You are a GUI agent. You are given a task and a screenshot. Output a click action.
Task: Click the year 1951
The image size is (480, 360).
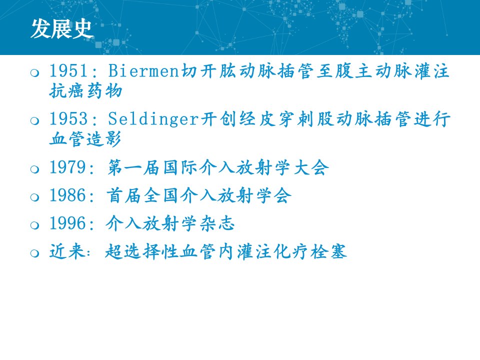(x=68, y=70)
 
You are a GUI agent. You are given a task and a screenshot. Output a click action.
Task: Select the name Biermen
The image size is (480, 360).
(x=143, y=70)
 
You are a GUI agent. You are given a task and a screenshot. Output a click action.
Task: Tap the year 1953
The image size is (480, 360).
(x=68, y=118)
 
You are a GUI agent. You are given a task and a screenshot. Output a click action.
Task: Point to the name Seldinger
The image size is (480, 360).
(x=153, y=118)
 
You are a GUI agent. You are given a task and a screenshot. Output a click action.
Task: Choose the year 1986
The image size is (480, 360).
(x=68, y=195)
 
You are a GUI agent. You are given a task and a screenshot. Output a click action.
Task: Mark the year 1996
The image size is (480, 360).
(x=68, y=223)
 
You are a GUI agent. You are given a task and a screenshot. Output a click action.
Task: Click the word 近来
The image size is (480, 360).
(x=67, y=251)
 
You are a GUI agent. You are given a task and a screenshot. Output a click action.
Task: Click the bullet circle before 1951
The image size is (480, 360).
(x=34, y=72)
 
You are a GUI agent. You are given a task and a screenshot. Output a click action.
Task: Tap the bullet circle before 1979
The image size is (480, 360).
(x=34, y=169)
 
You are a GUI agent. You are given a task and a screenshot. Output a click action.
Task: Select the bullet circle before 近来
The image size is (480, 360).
(x=34, y=253)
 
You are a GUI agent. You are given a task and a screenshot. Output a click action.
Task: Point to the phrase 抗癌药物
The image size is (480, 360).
(x=86, y=90)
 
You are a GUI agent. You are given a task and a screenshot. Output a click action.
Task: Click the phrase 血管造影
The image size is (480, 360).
(x=85, y=138)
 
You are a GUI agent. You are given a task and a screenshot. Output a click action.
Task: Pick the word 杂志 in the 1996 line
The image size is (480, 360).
(x=217, y=223)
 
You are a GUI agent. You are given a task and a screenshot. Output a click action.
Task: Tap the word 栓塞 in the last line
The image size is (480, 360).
(x=328, y=251)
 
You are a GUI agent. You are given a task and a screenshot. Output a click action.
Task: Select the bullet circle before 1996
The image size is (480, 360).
(x=34, y=225)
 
